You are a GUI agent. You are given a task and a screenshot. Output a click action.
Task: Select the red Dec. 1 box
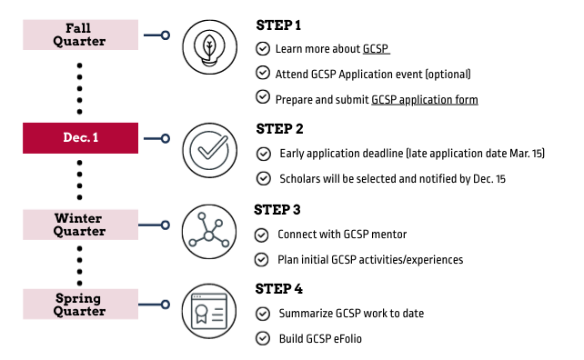point(82,139)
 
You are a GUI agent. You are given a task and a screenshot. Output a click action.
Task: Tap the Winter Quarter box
point(82,225)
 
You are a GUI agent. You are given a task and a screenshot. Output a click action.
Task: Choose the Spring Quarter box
point(82,303)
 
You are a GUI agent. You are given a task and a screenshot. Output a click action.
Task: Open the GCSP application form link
point(425,98)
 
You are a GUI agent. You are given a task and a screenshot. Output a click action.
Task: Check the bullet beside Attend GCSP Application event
point(263,73)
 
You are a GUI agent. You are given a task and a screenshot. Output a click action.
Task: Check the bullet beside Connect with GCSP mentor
point(263,235)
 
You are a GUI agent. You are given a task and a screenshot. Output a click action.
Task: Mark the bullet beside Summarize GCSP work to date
point(263,314)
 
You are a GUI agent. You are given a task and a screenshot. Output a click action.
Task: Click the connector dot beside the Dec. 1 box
point(165,139)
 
